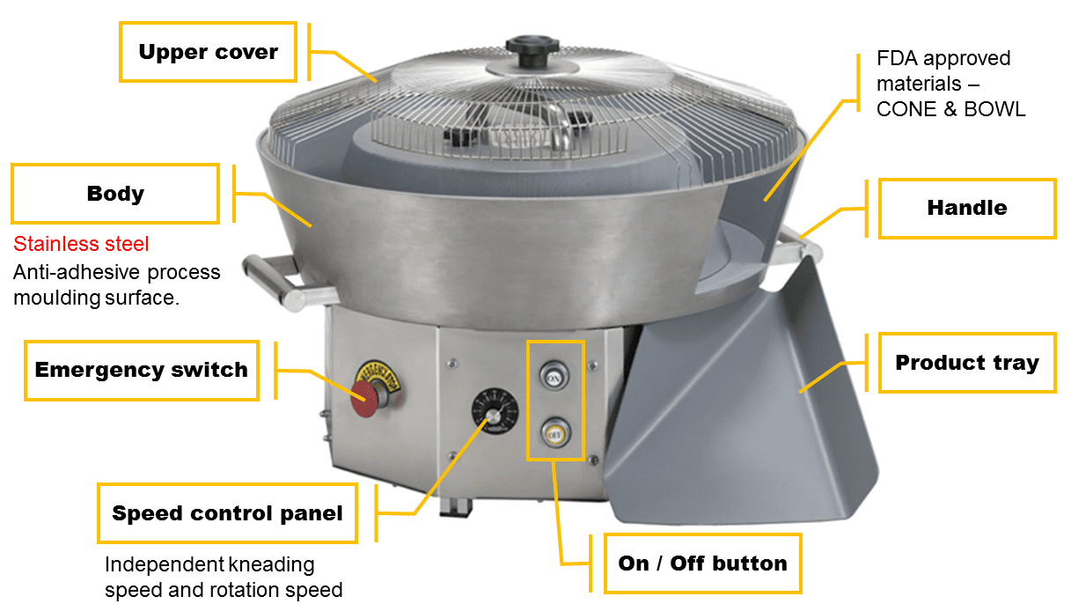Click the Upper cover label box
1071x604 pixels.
point(208,52)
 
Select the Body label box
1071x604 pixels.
point(115,194)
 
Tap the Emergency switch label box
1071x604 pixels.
point(142,370)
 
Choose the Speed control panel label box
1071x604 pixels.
point(228,513)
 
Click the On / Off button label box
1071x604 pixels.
point(702,563)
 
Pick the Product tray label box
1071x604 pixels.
point(967,363)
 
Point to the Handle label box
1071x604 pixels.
point(967,208)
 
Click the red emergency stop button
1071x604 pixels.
point(364,399)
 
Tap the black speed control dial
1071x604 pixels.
point(495,411)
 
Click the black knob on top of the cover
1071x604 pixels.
point(532,49)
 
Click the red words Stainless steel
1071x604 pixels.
point(81,244)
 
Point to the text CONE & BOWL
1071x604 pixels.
point(951,109)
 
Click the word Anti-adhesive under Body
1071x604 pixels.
point(77,272)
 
